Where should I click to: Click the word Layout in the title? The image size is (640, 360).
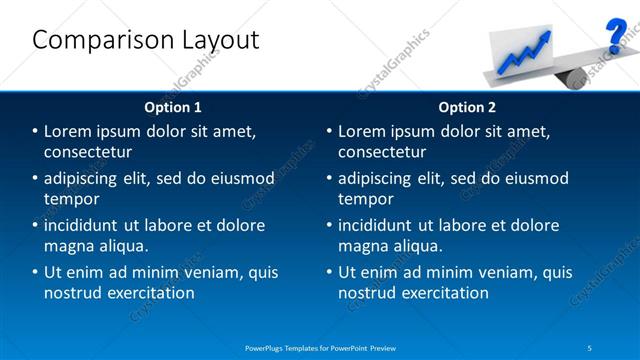214,41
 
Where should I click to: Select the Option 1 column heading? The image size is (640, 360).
172,107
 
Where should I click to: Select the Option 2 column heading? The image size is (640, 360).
466,107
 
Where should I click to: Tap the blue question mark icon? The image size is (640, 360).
616,35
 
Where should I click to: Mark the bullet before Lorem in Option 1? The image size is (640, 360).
35,132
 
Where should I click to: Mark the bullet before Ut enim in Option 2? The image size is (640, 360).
329,272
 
